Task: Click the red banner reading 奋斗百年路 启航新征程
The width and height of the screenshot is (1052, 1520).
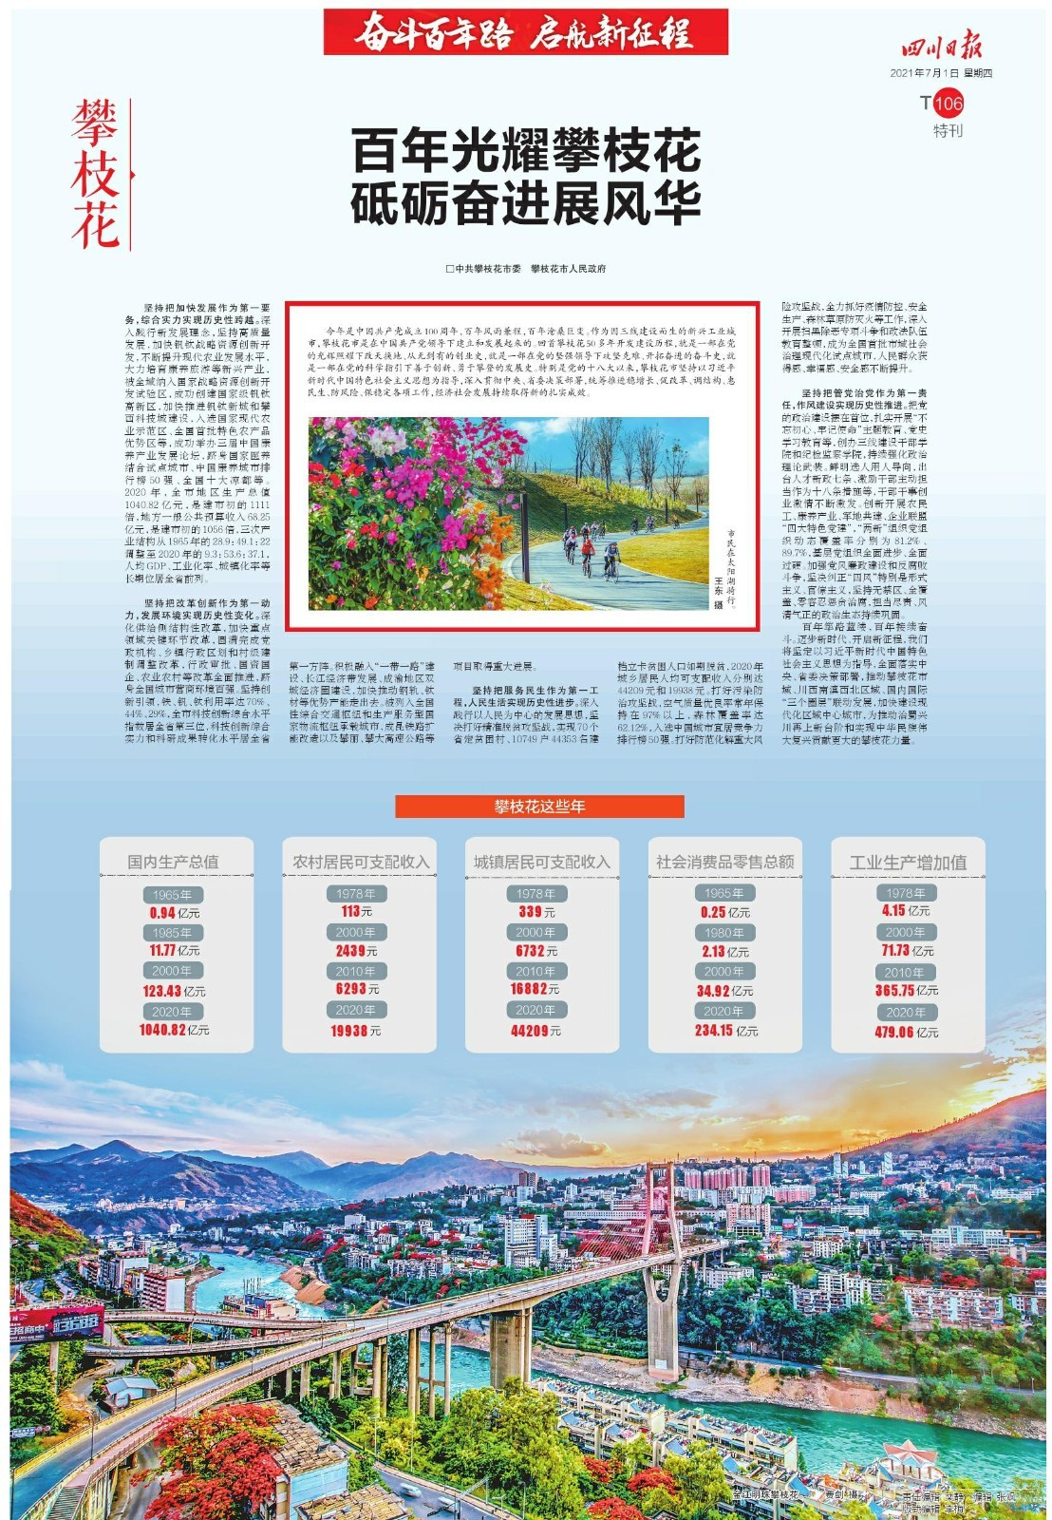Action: coord(525,33)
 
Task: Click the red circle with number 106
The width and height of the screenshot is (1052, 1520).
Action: coord(949,104)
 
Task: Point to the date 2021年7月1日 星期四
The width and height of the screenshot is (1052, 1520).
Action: coord(940,73)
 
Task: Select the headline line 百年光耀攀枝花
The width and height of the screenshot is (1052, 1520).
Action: coord(526,150)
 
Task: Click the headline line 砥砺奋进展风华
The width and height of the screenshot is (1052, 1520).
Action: coord(526,202)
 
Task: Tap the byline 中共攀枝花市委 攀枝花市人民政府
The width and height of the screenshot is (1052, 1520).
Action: coord(526,269)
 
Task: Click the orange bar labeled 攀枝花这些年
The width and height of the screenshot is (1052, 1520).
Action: coord(539,807)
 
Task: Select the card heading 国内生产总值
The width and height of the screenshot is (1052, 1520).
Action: coord(174,862)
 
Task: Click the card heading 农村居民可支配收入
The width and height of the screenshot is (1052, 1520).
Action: coord(360,862)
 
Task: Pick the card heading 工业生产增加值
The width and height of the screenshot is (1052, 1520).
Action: coord(908,862)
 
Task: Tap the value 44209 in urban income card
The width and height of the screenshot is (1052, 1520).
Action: coord(529,1031)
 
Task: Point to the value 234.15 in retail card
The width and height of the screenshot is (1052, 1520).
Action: coord(714,1031)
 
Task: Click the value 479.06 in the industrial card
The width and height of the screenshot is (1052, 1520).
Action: coord(894,1032)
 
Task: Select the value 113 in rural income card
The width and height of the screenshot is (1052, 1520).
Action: coord(350,911)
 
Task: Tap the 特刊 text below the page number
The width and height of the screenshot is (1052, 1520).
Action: coord(947,131)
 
